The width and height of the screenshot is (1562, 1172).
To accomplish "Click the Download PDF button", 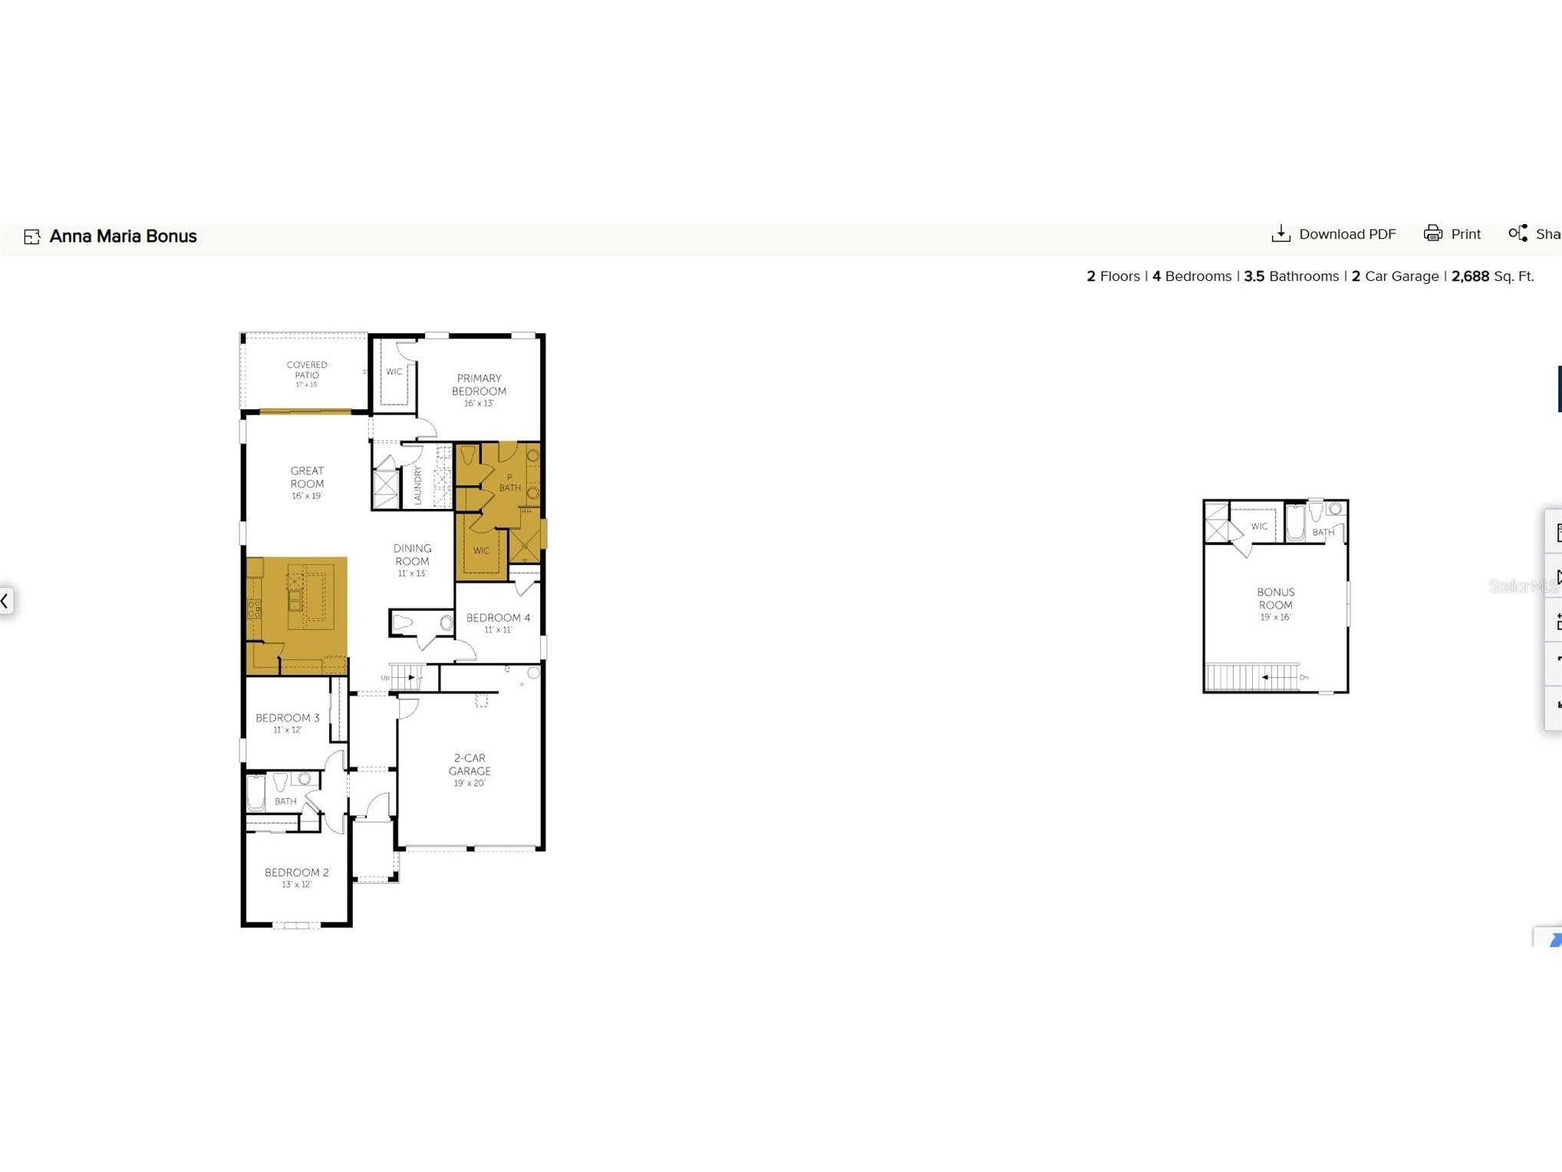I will (x=1333, y=234).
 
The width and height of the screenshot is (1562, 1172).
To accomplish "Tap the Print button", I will (x=1452, y=234).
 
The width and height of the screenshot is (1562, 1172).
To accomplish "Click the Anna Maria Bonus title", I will (x=123, y=236).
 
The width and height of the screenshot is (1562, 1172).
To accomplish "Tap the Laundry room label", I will (x=418, y=485).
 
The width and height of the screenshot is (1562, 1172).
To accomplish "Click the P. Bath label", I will (x=510, y=483).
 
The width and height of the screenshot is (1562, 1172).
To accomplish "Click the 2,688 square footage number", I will (x=1470, y=276).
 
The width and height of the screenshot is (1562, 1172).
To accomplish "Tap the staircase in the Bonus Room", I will (x=1253, y=677).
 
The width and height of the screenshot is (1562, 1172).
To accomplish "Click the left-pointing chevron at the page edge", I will (x=5, y=600).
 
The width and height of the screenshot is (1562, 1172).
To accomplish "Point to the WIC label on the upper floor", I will (x=1259, y=527).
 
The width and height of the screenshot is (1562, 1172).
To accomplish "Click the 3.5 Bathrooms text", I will (x=1291, y=276).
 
